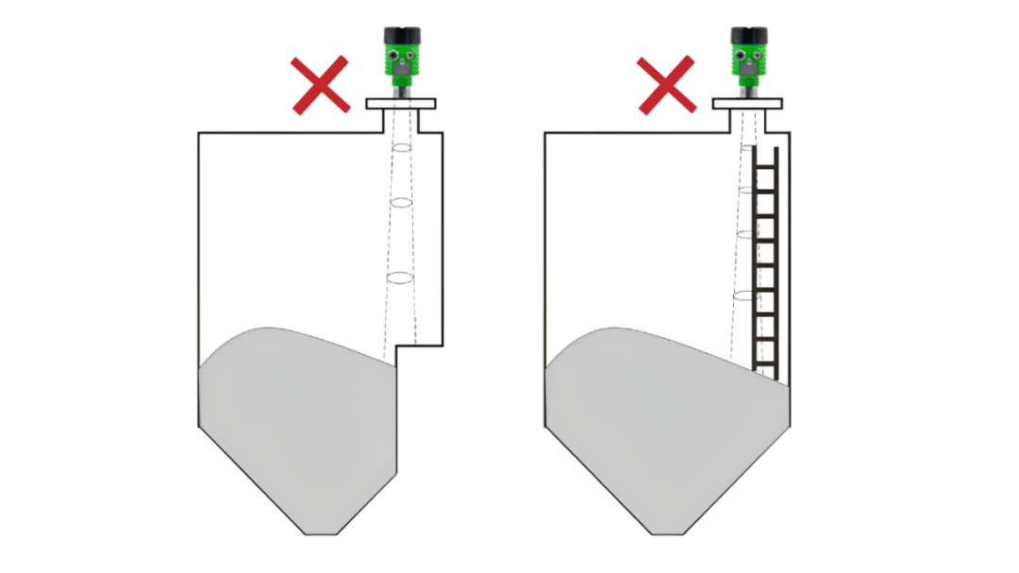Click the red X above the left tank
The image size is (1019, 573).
(320, 85)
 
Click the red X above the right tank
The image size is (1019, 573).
(667, 85)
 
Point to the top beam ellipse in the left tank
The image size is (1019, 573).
(401, 148)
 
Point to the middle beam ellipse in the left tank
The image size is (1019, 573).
(401, 203)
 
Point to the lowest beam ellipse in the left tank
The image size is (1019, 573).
(400, 278)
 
